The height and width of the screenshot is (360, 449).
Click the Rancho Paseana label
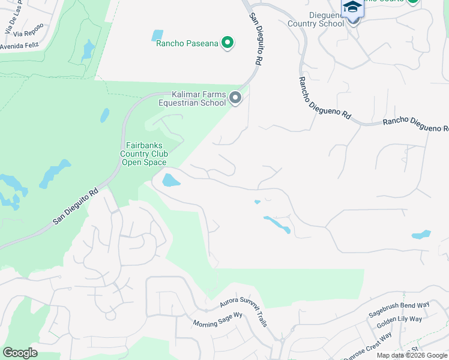pyautogui.click(x=187, y=43)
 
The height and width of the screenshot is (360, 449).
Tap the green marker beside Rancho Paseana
pyautogui.click(x=228, y=43)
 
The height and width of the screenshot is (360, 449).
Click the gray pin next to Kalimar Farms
pyautogui.click(x=235, y=97)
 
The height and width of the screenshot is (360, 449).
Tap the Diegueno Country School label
pyautogui.click(x=316, y=19)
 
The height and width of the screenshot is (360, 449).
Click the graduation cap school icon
pyautogui.click(x=352, y=7)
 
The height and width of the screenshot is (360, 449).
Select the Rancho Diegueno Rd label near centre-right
pyautogui.click(x=324, y=95)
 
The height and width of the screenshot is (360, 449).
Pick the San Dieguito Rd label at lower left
pyautogui.click(x=75, y=208)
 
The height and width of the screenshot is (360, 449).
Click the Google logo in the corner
pyautogui.click(x=20, y=353)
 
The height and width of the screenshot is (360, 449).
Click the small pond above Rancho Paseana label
pyautogui.click(x=158, y=35)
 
